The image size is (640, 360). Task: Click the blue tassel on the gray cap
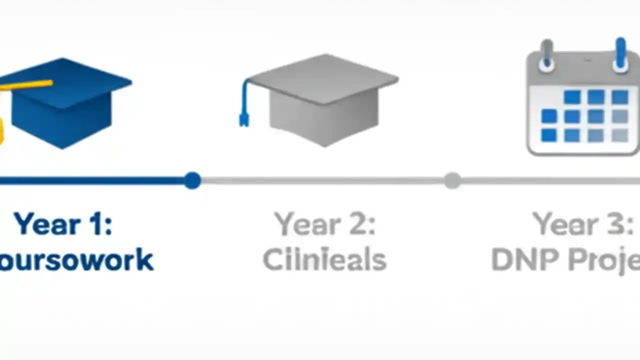click(244, 105)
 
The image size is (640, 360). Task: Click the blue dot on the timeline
click(192, 180)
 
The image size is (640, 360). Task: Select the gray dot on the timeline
click(452, 180)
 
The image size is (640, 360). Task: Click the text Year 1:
click(63, 223)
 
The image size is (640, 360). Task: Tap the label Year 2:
click(324, 223)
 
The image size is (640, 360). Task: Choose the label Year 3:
click(582, 223)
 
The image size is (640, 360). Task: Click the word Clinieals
click(324, 260)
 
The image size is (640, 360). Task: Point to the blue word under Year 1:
click(75, 260)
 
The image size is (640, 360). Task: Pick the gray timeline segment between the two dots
click(322, 180)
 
